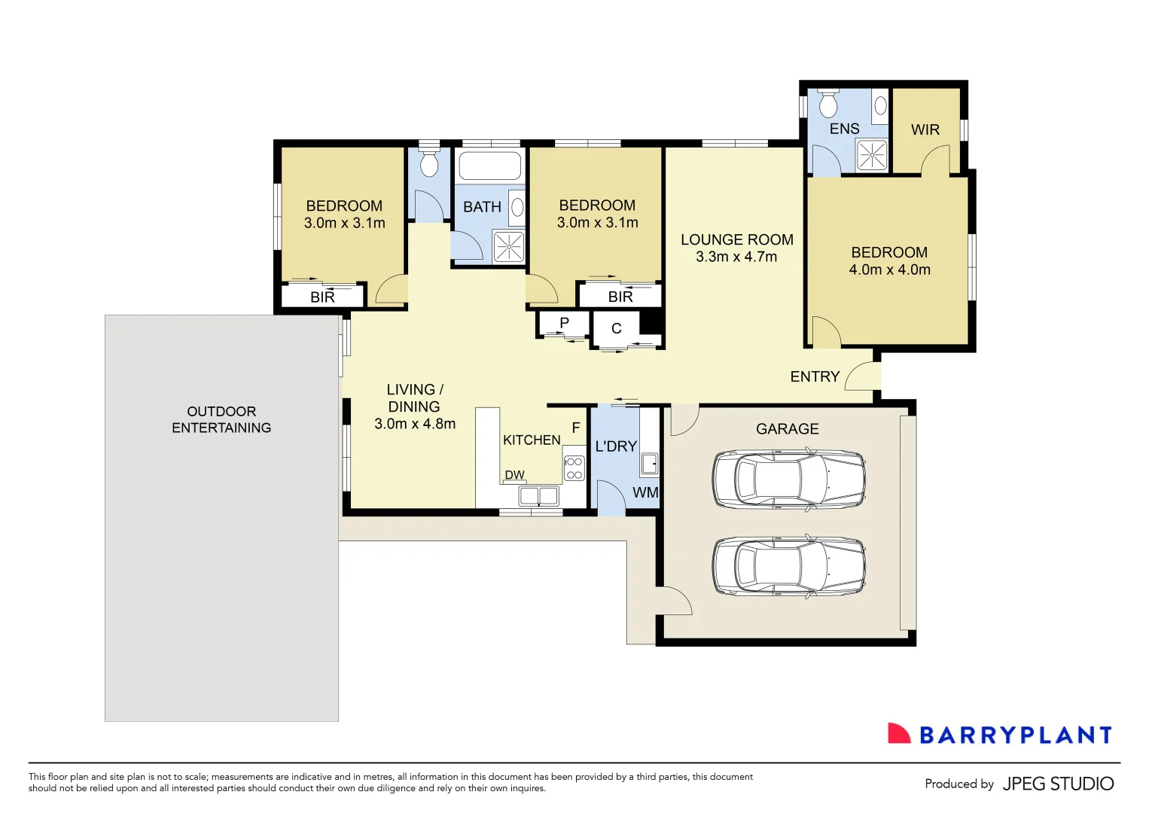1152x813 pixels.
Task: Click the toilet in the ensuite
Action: [828, 104]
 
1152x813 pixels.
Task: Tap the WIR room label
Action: [925, 129]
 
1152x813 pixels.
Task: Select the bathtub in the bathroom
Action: [489, 166]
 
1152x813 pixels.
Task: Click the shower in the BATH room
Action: [508, 246]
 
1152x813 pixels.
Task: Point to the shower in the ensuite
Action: [872, 156]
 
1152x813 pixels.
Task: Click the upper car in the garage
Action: [788, 480]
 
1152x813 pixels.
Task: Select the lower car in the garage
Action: [788, 567]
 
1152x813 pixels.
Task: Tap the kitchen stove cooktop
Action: [574, 467]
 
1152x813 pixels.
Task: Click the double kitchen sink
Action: [538, 495]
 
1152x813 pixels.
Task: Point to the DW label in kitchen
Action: [515, 475]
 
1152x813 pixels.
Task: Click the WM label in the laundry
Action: [645, 493]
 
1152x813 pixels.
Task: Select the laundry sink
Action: [649, 464]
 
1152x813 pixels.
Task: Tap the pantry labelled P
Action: [564, 323]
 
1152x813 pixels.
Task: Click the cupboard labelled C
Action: [617, 328]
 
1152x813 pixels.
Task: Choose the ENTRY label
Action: [815, 376]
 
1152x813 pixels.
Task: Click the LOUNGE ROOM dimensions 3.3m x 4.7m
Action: [736, 257]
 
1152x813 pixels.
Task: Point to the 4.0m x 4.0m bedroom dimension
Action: [889, 269]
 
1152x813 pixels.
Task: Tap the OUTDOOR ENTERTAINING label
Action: [221, 419]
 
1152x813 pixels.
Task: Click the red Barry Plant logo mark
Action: [898, 734]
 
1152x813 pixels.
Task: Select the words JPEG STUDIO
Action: [1058, 784]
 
